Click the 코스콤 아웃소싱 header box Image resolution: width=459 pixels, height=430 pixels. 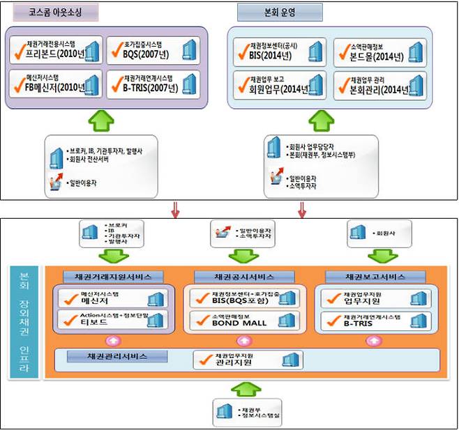click(54, 13)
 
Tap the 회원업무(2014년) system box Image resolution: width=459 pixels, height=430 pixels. click(279, 84)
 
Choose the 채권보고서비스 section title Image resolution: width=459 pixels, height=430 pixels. click(374, 276)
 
